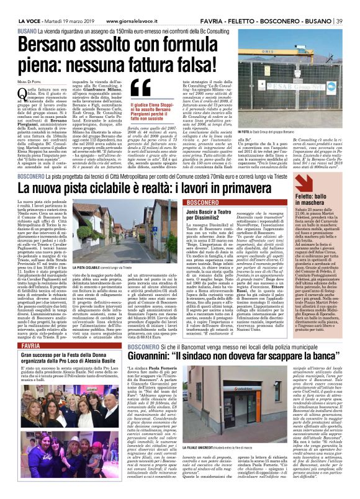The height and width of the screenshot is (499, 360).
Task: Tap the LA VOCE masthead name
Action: [25, 6]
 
